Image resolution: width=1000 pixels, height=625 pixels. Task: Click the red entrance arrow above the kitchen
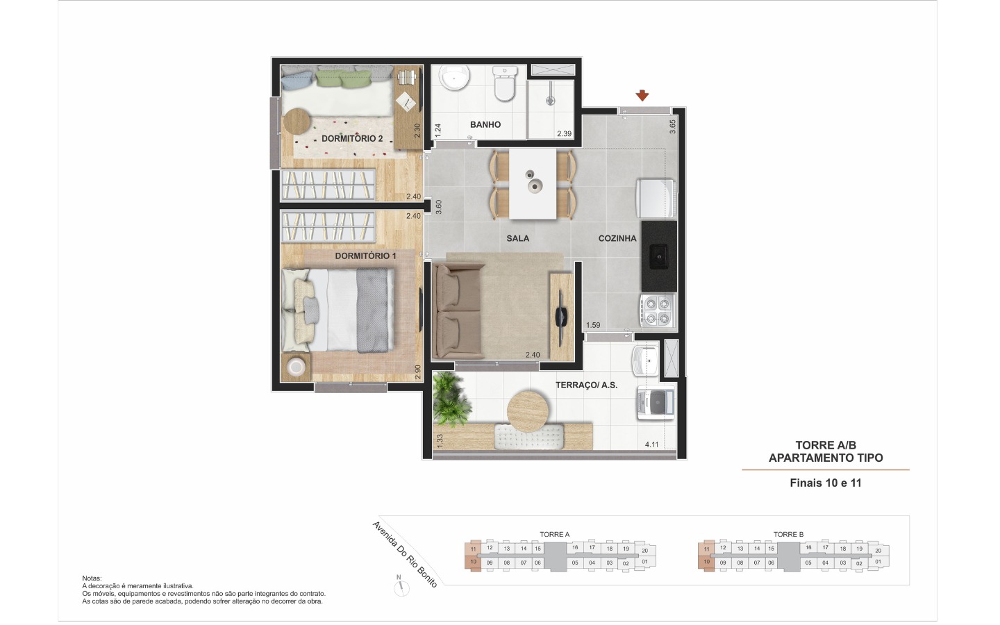click(642, 95)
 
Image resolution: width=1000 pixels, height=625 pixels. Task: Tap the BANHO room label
click(485, 124)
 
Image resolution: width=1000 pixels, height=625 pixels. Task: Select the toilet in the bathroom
click(504, 83)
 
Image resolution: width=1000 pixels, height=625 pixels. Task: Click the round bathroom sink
click(454, 78)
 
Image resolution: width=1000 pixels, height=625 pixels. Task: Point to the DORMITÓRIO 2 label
click(352, 138)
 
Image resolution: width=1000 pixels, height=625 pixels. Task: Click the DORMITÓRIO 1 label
click(365, 256)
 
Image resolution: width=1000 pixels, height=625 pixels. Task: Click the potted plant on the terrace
click(451, 399)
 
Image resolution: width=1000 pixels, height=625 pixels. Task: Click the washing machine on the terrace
click(656, 403)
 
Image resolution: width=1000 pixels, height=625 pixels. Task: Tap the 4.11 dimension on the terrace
click(652, 444)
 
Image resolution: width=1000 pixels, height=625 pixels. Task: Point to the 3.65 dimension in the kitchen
click(672, 126)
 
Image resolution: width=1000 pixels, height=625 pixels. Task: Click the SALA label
click(518, 238)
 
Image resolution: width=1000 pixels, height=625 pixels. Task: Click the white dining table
click(533, 183)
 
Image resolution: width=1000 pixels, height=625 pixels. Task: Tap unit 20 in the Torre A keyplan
click(644, 551)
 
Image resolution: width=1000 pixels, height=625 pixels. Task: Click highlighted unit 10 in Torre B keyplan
click(706, 562)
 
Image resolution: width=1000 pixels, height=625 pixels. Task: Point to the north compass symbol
click(401, 587)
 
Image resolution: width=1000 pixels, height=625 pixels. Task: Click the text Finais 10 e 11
click(826, 483)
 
